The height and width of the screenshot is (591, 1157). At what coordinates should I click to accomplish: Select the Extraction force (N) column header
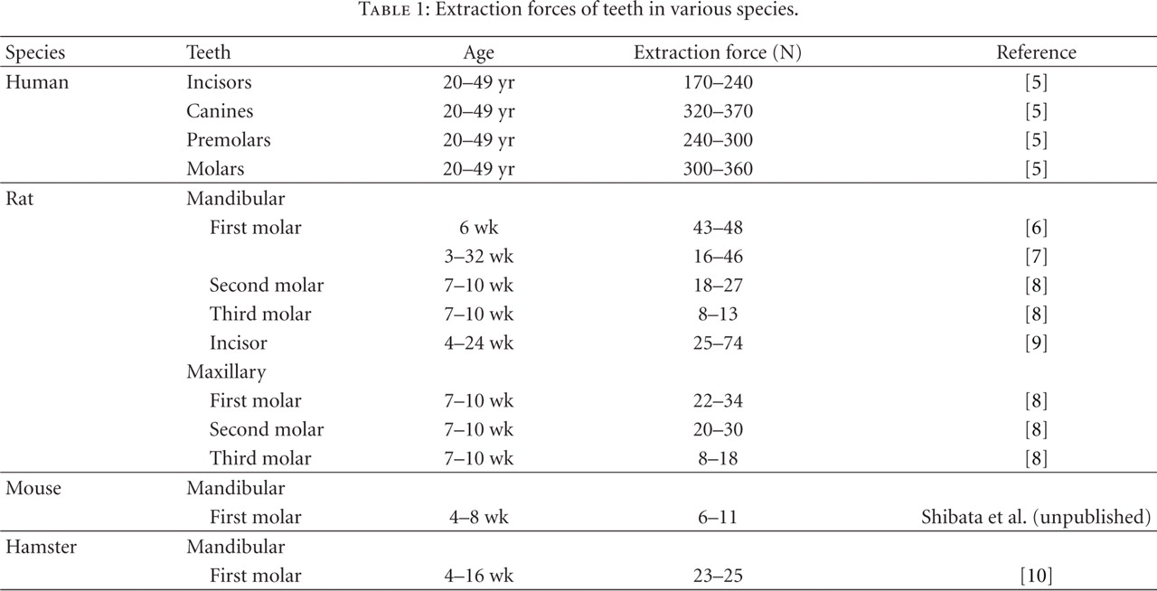[718, 52]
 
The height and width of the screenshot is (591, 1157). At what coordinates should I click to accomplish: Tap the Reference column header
[1036, 52]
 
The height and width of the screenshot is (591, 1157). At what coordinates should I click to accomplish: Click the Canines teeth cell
[220, 111]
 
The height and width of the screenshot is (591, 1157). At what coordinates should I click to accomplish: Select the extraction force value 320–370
[718, 111]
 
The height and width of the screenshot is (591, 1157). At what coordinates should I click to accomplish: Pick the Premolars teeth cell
[229, 140]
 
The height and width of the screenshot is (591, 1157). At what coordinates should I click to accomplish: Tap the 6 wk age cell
[479, 228]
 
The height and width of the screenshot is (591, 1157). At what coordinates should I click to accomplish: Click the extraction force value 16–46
[718, 257]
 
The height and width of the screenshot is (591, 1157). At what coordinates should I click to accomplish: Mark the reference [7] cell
[1036, 257]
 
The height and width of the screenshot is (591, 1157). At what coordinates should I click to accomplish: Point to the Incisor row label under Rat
[239, 343]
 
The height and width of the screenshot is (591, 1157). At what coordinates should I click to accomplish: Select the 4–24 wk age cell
[479, 343]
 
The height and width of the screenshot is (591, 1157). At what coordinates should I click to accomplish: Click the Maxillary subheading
[226, 371]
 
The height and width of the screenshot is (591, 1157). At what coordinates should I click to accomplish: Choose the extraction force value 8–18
[718, 458]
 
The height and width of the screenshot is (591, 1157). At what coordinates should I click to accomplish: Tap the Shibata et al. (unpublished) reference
[1036, 518]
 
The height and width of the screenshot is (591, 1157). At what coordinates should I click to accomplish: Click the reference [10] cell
[1036, 576]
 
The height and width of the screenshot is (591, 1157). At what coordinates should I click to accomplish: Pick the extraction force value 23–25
[718, 576]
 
